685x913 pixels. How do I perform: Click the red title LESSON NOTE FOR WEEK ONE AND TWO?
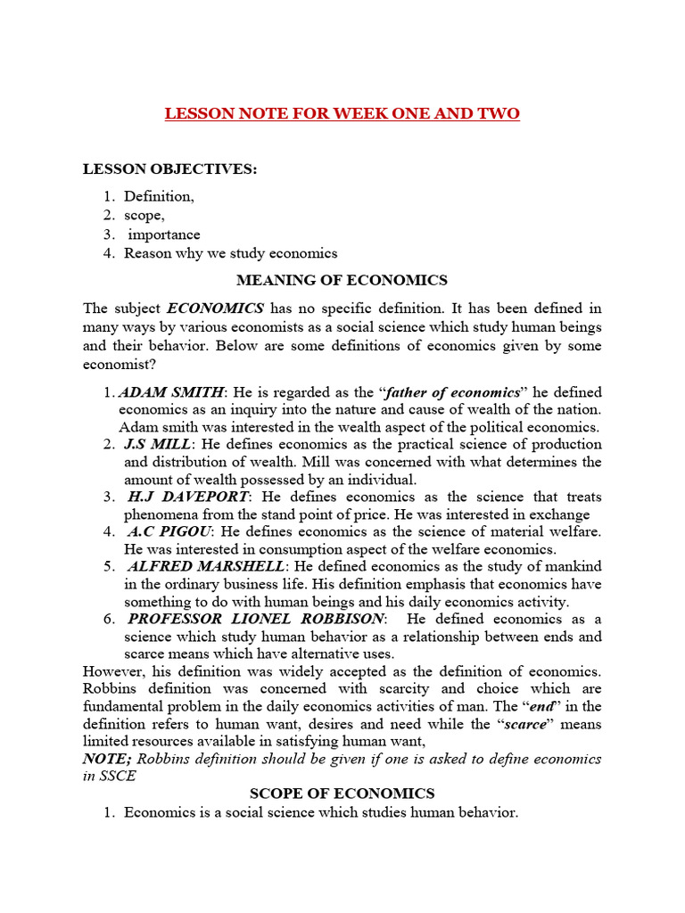342,114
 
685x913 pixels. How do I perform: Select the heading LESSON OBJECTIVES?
169,169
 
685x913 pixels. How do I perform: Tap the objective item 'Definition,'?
159,195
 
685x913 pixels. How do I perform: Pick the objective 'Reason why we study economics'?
230,253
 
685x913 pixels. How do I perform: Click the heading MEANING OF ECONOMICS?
342,280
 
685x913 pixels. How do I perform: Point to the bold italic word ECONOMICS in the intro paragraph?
215,308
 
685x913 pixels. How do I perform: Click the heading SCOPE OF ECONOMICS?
342,794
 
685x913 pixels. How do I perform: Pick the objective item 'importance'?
163,234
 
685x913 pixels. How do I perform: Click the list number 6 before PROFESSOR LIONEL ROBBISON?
107,619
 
